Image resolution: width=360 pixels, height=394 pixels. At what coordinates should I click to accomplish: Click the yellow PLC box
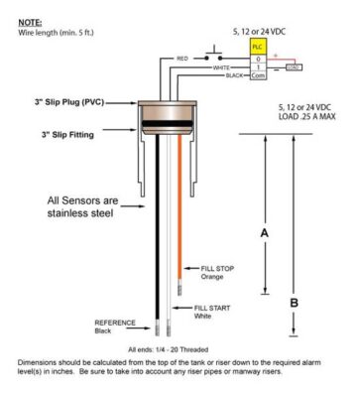pyautogui.click(x=258, y=47)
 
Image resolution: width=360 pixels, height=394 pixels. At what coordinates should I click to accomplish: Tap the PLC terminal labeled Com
pyautogui.click(x=258, y=75)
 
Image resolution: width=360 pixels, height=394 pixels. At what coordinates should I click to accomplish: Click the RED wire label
pyautogui.click(x=182, y=59)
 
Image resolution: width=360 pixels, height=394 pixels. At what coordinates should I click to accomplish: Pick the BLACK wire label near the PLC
pyautogui.click(x=233, y=75)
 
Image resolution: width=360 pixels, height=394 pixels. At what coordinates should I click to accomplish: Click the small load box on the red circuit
pyautogui.click(x=294, y=67)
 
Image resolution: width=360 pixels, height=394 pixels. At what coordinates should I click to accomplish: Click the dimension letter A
pyautogui.click(x=263, y=232)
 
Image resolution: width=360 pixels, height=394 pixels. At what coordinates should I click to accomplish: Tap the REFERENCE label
pyautogui.click(x=114, y=325)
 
